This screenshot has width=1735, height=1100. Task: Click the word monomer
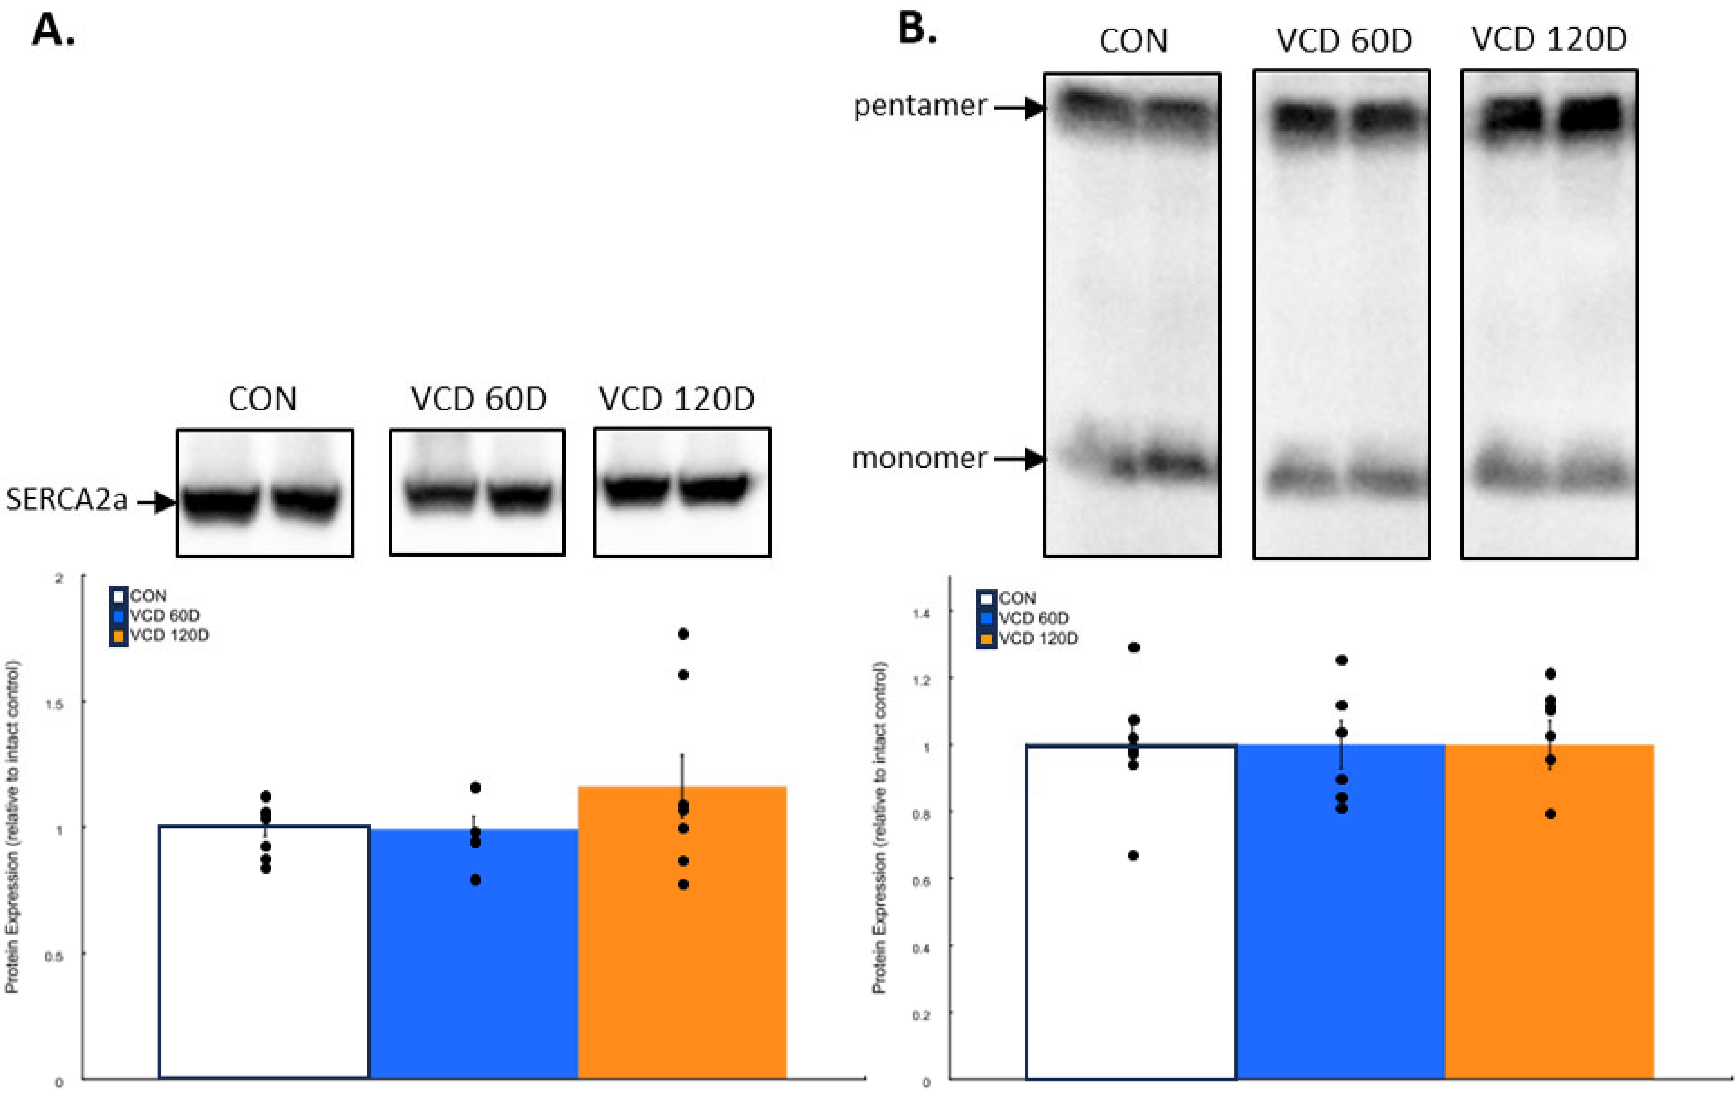[919, 458]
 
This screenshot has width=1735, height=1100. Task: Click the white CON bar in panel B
[1130, 915]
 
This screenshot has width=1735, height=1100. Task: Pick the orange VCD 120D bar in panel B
[1549, 915]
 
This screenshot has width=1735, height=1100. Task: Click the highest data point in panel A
[683, 634]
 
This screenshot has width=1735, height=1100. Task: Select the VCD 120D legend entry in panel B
[1037, 638]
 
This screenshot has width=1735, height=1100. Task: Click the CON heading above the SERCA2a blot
[262, 399]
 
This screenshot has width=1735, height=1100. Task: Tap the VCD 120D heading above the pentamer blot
[1549, 40]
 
